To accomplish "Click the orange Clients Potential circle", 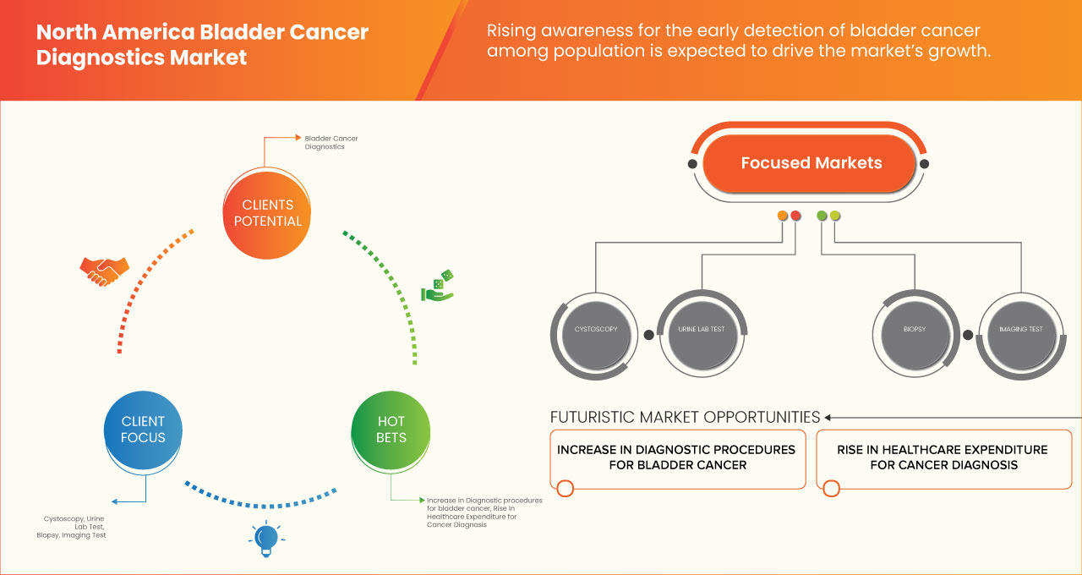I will tap(266, 213).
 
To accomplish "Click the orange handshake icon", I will tap(104, 270).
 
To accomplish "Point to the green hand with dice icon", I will tap(437, 286).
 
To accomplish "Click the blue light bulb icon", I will tap(266, 539).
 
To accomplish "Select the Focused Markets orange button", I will tap(811, 163).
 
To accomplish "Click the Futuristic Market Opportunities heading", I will tap(685, 417).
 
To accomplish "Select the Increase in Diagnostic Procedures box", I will tap(676, 457).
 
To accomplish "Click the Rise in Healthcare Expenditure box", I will tap(943, 457).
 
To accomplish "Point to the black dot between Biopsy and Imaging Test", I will tap(967, 334).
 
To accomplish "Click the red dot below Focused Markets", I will tap(795, 216).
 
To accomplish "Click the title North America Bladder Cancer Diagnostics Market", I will tap(203, 45).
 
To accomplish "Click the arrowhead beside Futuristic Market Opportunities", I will tap(828, 417).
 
